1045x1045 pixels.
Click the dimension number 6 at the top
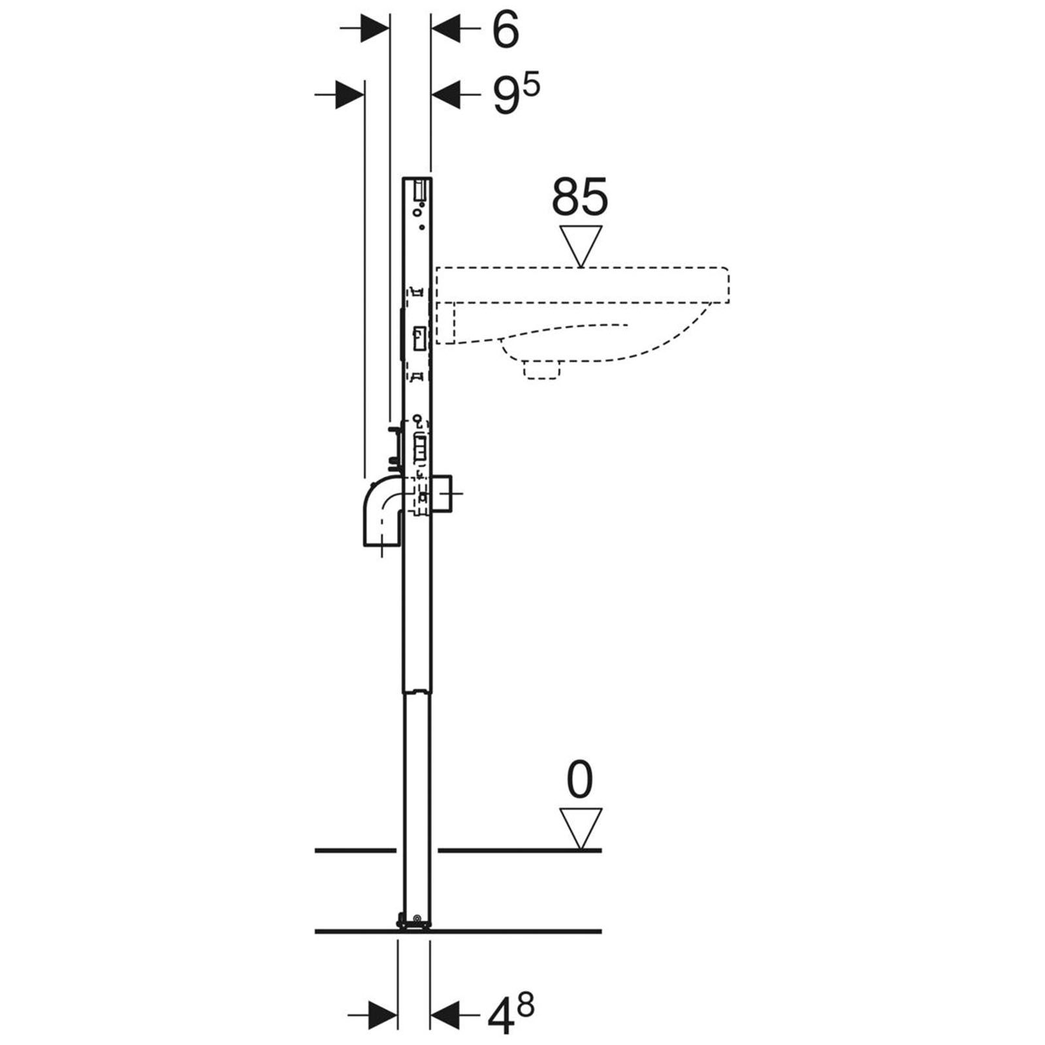505,30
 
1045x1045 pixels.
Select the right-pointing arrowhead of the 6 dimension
375,29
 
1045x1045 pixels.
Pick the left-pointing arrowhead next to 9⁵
447,95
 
